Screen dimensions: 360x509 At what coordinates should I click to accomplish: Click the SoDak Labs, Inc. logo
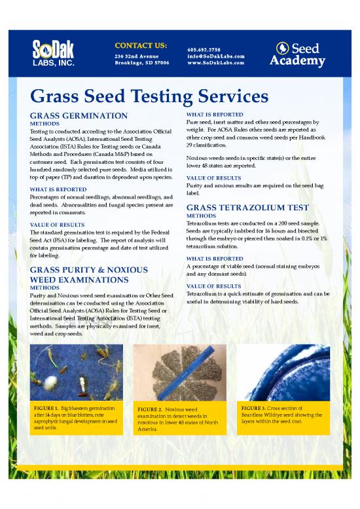(56, 53)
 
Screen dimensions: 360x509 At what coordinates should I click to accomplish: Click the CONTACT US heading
(140, 45)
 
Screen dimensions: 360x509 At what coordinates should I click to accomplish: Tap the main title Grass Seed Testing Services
(149, 97)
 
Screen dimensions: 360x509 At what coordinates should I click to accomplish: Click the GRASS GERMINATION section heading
(79, 115)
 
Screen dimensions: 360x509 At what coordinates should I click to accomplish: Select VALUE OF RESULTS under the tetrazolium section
(214, 286)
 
